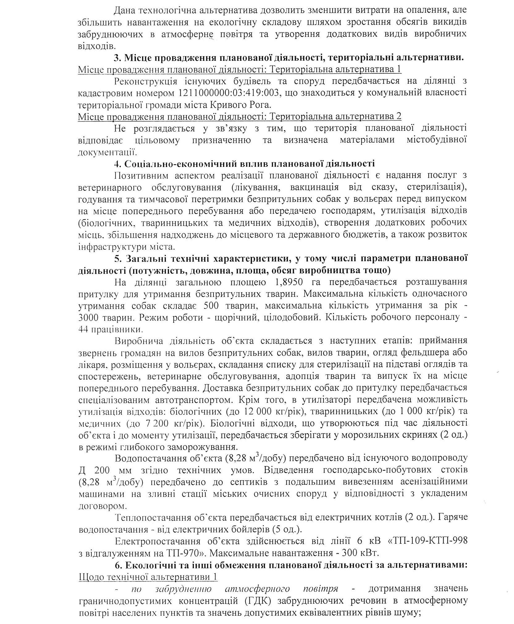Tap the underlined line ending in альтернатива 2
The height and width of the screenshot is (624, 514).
coord(240,117)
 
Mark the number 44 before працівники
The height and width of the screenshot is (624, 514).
coord(84,329)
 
